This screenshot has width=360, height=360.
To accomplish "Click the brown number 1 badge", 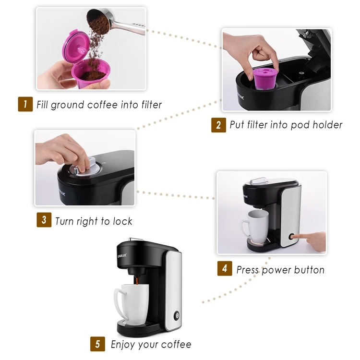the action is [x=25, y=104].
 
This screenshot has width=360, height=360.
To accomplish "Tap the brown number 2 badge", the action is [x=218, y=125].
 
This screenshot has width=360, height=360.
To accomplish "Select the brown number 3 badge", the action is [x=44, y=220].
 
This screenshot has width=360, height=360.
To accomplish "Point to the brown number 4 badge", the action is [x=225, y=268].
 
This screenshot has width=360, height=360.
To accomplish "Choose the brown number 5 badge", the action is [x=97, y=344].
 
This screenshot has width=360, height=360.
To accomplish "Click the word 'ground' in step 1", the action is [x=68, y=105].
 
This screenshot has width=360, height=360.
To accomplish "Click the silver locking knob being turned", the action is [x=84, y=167].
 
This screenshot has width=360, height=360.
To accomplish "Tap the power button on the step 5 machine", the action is [x=177, y=315].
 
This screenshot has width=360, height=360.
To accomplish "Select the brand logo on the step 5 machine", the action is [x=122, y=256].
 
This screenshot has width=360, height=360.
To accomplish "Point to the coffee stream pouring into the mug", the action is [x=137, y=281].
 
